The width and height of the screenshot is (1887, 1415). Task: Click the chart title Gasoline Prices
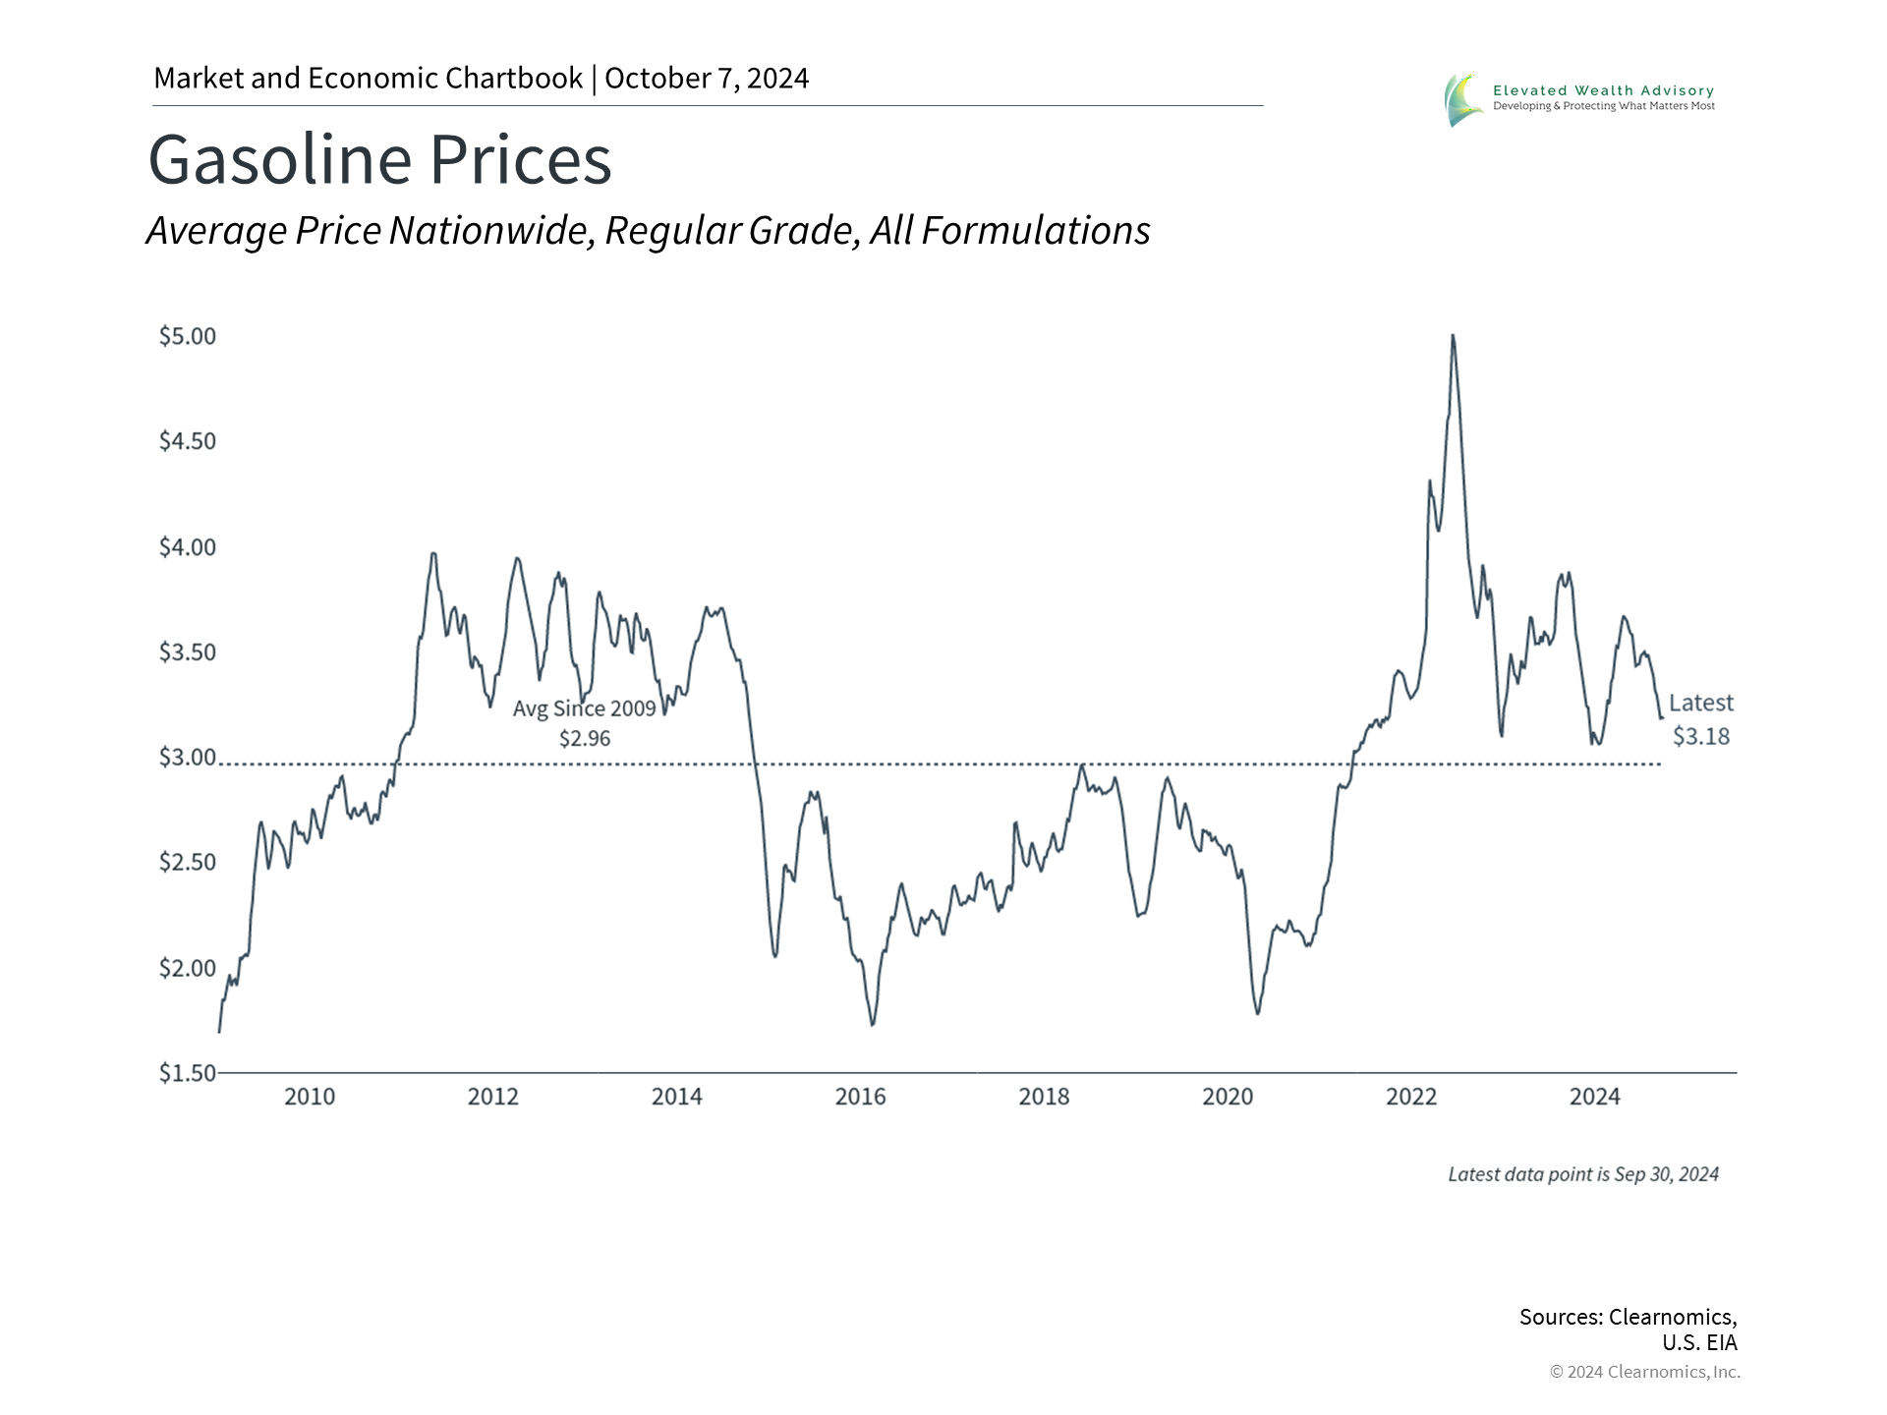point(379,160)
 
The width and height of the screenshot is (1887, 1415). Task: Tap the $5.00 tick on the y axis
point(187,336)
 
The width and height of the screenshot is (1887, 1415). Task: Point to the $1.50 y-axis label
point(187,1072)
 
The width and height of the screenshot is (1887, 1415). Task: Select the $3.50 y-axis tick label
point(187,651)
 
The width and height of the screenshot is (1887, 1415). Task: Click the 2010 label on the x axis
point(310,1097)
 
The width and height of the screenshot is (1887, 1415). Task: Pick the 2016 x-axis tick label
point(860,1097)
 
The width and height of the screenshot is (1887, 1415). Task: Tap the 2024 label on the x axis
point(1594,1097)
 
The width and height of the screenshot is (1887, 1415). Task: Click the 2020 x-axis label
point(1228,1097)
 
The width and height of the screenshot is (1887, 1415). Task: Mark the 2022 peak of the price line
point(1453,336)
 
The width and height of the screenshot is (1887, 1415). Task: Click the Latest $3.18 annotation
point(1700,719)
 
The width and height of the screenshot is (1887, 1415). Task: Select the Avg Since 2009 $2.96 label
point(585,722)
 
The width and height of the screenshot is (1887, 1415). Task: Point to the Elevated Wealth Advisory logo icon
point(1463,99)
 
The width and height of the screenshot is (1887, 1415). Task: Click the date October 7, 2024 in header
point(707,79)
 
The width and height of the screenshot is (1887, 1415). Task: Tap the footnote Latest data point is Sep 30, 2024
point(1582,1174)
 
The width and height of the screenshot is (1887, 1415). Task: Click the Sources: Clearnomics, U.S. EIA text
point(1628,1329)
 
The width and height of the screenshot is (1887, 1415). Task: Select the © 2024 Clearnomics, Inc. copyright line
point(1644,1372)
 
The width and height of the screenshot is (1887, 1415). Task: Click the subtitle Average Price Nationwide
point(648,231)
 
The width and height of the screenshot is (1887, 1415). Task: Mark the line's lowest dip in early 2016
point(873,1025)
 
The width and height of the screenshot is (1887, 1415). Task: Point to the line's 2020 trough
point(1258,1013)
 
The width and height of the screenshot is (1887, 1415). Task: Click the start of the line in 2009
point(219,1032)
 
